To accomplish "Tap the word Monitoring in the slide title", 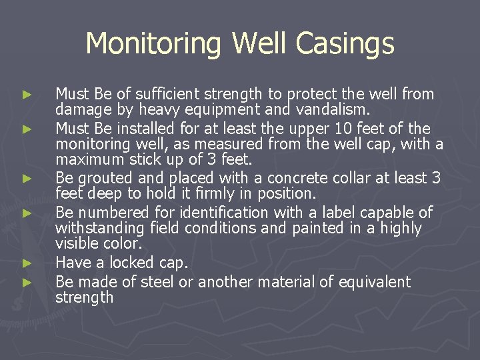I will tap(156, 44).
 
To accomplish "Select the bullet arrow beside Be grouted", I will tap(26, 179).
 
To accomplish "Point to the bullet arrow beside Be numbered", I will tap(26, 213).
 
